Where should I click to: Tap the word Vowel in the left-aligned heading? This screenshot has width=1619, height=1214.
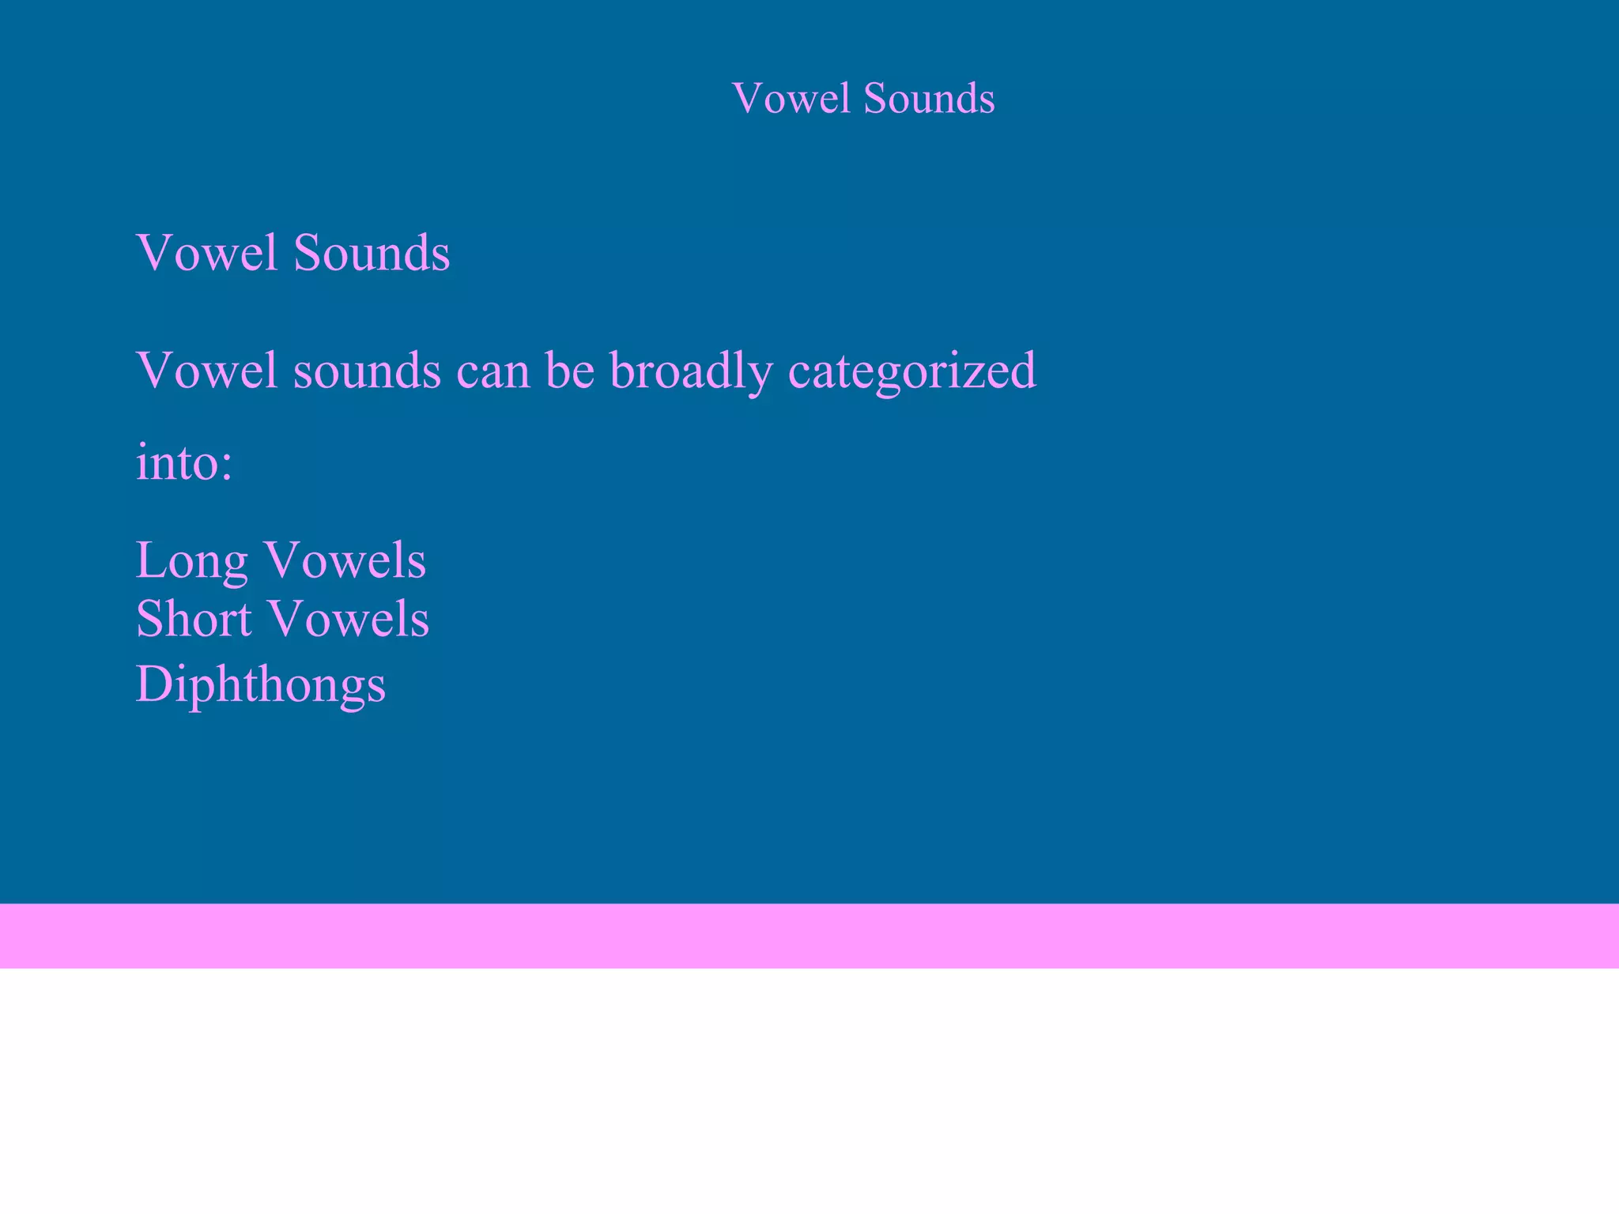[x=207, y=253]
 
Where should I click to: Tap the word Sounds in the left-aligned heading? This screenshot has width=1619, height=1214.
[x=372, y=253]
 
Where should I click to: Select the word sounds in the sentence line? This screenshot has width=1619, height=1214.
[x=367, y=371]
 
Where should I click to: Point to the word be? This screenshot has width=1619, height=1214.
[x=570, y=370]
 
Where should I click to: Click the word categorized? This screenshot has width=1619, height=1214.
[x=912, y=371]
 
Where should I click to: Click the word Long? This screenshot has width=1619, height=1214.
[x=191, y=561]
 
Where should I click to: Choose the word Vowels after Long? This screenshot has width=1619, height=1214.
[x=345, y=560]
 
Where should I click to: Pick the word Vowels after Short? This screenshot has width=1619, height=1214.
[x=350, y=618]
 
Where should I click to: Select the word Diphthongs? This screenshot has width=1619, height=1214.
[x=261, y=684]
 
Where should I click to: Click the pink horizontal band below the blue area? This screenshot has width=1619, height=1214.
[x=809, y=936]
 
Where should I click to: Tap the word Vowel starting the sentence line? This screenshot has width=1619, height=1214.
[x=207, y=370]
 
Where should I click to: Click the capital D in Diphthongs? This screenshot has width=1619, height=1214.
[x=153, y=684]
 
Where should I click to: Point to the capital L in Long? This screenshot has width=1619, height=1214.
[x=151, y=560]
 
